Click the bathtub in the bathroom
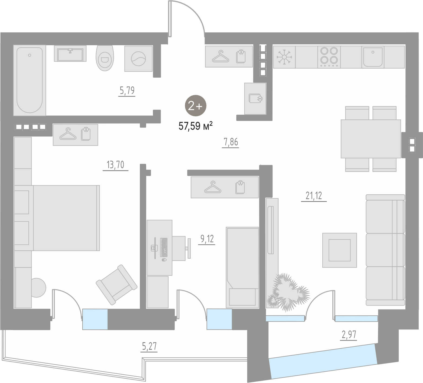click(x=30, y=80)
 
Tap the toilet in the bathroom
click(x=104, y=58)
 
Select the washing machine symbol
click(x=138, y=59)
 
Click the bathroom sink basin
click(x=70, y=54)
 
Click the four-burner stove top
click(x=329, y=57)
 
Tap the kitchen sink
click(x=373, y=57)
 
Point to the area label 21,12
click(x=314, y=196)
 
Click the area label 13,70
click(x=116, y=165)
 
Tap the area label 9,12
click(x=207, y=239)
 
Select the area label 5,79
click(x=127, y=91)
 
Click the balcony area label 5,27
click(x=149, y=346)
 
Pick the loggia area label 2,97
click(x=349, y=335)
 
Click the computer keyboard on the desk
click(x=164, y=247)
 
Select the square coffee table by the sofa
click(x=339, y=250)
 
